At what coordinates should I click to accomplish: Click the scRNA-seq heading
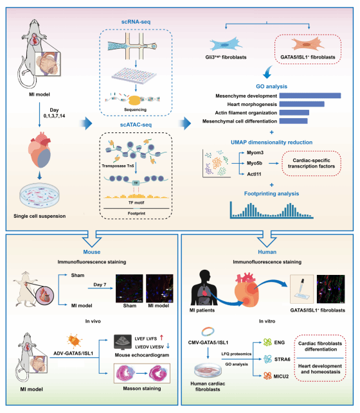(x=136, y=22)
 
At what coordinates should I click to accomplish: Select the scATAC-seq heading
(x=136, y=125)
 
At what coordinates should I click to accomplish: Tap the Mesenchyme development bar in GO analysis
(x=310, y=96)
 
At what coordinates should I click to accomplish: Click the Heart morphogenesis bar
(x=301, y=104)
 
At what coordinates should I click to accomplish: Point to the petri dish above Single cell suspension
(x=39, y=195)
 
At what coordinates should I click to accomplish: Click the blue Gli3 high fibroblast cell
(x=226, y=44)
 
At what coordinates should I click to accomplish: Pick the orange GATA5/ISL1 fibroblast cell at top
(x=307, y=44)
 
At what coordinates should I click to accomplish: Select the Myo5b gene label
(x=255, y=163)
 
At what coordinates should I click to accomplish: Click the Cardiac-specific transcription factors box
(x=311, y=163)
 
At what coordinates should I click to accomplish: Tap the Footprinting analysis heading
(x=271, y=193)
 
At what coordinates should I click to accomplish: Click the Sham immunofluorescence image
(x=129, y=288)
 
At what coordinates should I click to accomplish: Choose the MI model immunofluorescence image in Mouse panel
(x=159, y=288)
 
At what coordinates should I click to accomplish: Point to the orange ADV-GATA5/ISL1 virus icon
(x=74, y=341)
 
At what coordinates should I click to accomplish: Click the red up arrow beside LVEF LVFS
(x=161, y=337)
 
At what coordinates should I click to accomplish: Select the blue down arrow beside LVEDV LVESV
(x=168, y=346)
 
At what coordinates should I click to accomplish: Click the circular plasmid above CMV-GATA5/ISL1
(x=208, y=331)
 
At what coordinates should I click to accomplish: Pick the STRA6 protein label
(x=282, y=359)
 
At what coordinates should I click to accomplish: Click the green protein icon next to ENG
(x=267, y=342)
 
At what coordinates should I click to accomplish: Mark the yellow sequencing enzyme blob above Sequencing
(x=134, y=100)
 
